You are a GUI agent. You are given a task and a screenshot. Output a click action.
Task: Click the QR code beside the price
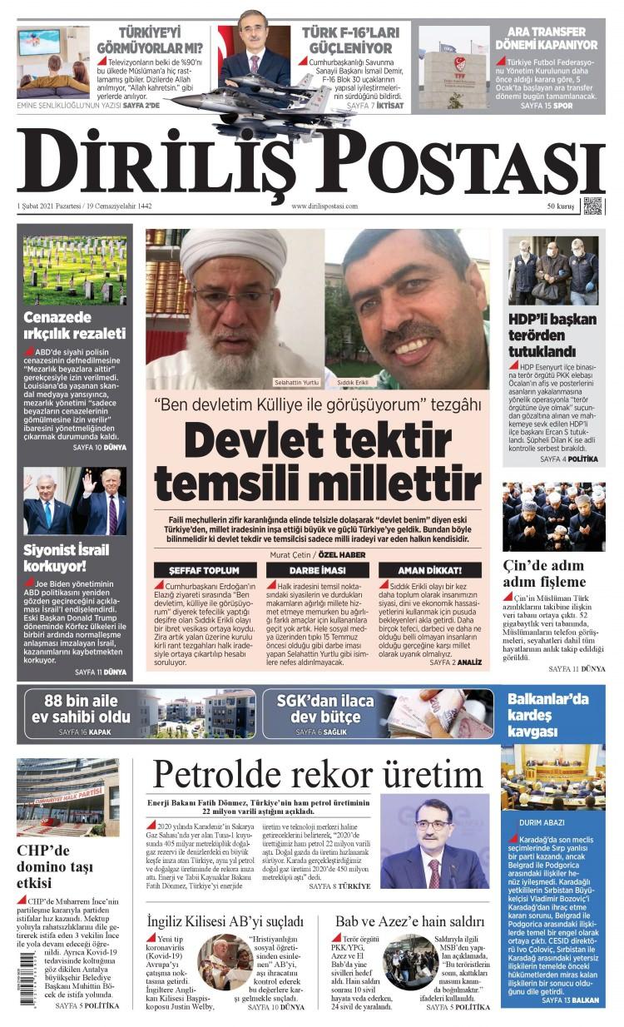coord(592,206)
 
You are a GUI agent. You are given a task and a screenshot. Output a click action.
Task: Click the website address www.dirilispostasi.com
coord(324,206)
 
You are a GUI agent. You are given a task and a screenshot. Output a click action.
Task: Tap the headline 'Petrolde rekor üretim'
coord(318,775)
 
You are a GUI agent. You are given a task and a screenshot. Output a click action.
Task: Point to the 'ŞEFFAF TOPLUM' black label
coord(204,570)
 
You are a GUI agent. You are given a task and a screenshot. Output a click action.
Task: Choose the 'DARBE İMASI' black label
coord(317,570)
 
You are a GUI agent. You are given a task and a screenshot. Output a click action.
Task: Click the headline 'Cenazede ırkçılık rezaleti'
coord(75,325)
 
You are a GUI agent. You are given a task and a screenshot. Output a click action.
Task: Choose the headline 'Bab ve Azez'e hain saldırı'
coord(409,921)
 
